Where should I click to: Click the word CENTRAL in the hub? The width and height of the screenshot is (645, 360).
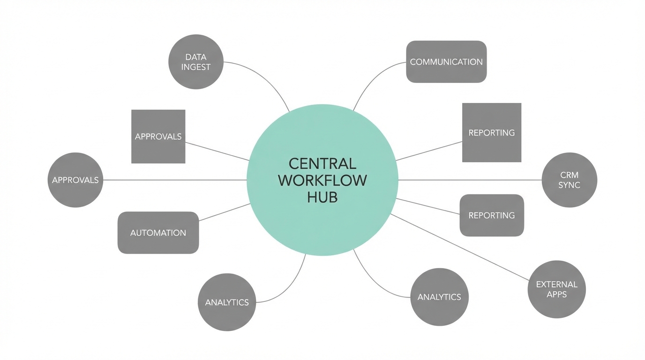322,164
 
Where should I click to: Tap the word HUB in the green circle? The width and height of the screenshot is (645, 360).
322,197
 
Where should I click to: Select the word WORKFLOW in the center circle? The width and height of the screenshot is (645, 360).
322,180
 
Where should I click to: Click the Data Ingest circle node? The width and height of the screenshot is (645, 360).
196,62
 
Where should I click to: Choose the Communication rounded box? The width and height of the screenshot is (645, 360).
446,62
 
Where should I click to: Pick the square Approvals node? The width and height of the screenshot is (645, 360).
158,136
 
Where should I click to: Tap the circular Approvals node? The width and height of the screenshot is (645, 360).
75,180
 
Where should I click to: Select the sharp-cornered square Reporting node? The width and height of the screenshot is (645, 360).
492,133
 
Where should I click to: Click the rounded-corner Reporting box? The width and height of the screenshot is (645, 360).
492,215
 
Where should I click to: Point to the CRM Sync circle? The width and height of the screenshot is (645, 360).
570,180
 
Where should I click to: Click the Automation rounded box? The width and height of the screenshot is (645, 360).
158,232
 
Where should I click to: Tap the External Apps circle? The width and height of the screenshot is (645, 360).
557,289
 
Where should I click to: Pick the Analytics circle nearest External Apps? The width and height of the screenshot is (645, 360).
439,297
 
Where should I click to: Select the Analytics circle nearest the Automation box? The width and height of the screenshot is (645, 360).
227,302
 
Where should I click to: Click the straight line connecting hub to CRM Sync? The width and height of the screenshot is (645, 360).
469,180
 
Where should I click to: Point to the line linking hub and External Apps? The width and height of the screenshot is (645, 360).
459,247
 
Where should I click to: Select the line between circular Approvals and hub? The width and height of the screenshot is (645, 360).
173,180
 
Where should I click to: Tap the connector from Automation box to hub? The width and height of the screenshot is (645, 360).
224,212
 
